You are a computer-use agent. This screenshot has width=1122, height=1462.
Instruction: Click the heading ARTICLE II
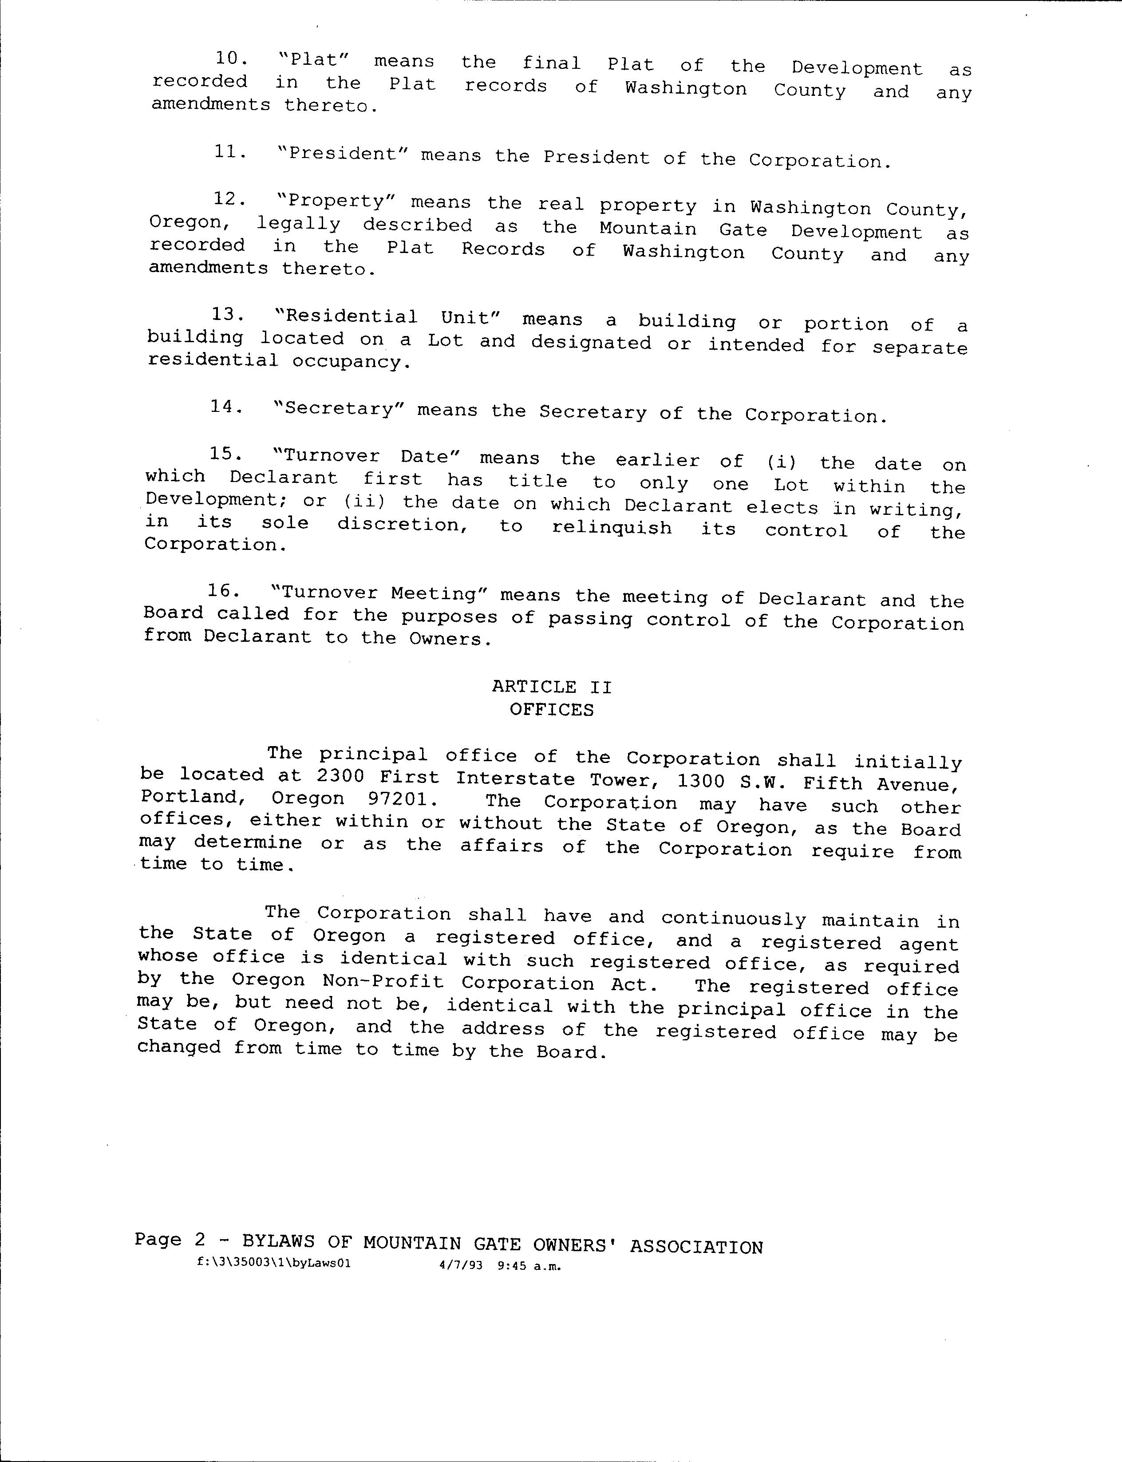click(552, 687)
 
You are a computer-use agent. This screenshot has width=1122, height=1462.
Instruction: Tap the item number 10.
click(231, 58)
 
